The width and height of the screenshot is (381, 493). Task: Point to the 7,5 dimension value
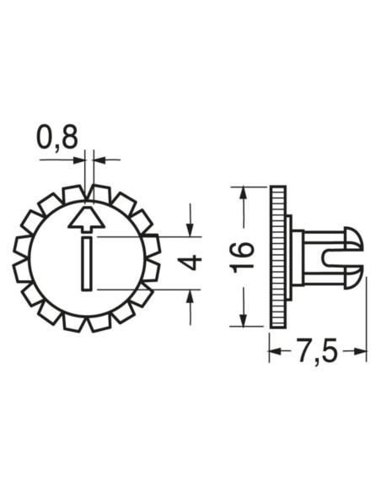pyautogui.click(x=316, y=352)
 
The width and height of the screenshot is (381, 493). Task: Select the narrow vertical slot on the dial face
pyautogui.click(x=86, y=263)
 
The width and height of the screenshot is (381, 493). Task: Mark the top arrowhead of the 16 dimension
pyautogui.click(x=243, y=193)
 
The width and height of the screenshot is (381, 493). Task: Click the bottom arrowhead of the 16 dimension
pyautogui.click(x=243, y=321)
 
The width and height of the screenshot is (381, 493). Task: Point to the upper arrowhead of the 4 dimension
pyautogui.click(x=191, y=230)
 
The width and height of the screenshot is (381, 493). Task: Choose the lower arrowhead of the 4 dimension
pyautogui.click(x=191, y=295)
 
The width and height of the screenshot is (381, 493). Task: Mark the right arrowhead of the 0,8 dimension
pyautogui.click(x=99, y=158)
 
